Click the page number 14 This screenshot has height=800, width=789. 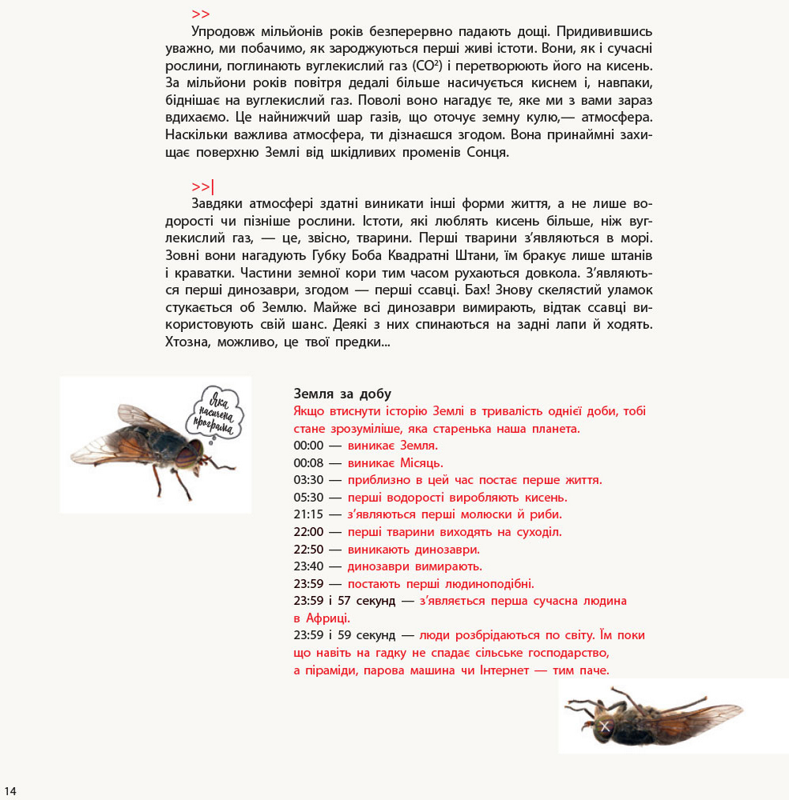pos(10,791)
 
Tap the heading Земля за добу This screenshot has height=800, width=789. pos(342,394)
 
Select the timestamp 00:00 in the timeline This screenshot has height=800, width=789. pos(308,446)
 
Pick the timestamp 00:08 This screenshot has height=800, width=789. pos(308,463)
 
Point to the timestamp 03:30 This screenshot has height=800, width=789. pos(308,480)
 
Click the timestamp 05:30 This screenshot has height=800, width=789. pos(308,498)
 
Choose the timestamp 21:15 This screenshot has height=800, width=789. pos(308,514)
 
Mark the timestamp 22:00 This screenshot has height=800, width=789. pos(308,532)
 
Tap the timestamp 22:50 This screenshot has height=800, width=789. pos(308,550)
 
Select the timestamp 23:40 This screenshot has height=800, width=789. pos(308,566)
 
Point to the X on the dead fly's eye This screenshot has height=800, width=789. pos(605,726)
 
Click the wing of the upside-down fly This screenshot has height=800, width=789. pos(704,712)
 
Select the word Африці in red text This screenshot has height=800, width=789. pos(328,618)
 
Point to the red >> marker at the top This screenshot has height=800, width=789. pos(201,14)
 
